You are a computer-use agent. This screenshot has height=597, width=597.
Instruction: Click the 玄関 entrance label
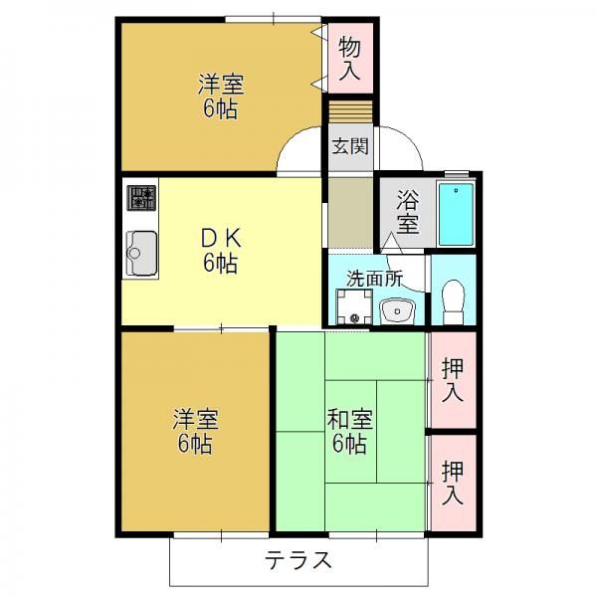coord(350,146)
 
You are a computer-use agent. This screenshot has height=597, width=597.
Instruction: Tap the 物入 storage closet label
coord(350,58)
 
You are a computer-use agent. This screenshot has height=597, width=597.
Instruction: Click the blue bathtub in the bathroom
coord(456,214)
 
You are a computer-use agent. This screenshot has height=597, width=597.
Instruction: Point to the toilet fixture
coord(453,301)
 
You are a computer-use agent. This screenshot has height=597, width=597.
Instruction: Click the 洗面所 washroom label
coord(375,279)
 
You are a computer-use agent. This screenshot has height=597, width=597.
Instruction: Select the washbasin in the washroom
coord(397,311)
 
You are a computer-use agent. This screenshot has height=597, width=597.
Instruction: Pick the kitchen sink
coord(141,253)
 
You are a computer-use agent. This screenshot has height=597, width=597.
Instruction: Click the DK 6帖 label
coord(221,252)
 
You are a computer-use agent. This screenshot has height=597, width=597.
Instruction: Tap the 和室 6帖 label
coord(350,431)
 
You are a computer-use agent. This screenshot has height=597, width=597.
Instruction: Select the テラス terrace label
coord(298,560)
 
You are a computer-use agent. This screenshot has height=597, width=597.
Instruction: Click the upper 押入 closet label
coord(453,380)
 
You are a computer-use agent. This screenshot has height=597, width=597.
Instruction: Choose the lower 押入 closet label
coord(453,483)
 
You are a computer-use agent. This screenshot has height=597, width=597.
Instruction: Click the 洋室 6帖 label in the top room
coord(221,97)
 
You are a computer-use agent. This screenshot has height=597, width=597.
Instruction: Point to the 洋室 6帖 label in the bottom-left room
coord(195,431)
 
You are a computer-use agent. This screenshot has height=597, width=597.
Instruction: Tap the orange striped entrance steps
coord(350,111)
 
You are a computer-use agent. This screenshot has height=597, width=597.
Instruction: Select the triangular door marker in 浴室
coord(391,244)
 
